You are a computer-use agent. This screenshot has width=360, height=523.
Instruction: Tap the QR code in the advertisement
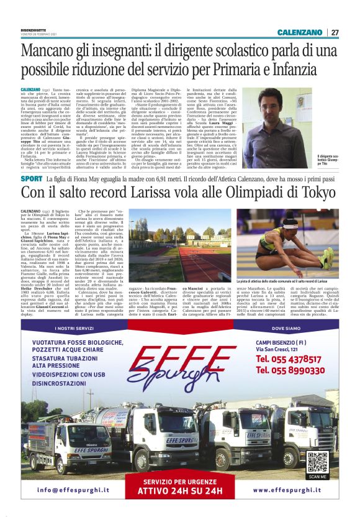[x=317, y=462]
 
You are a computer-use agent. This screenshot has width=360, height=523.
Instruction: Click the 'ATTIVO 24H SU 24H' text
[x=179, y=490]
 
